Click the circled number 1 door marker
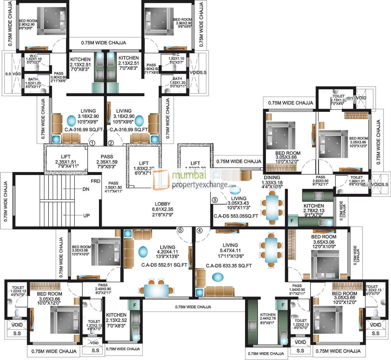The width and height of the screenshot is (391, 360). [x=92, y=143]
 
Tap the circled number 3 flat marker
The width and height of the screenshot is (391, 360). [x=214, y=200]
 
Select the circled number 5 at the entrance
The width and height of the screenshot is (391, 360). [x=181, y=230]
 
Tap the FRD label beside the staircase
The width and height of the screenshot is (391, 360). [x=95, y=181]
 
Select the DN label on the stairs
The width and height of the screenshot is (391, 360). [x=86, y=189]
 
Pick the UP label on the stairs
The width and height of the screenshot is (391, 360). [x=87, y=215]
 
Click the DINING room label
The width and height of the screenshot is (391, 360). [x=272, y=178]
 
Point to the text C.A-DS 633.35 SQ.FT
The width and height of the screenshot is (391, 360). [x=229, y=266]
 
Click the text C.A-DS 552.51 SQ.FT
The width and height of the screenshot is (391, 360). [x=164, y=265]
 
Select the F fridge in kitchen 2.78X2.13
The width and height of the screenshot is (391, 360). [x=292, y=221]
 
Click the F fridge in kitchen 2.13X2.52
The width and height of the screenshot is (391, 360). [x=134, y=305]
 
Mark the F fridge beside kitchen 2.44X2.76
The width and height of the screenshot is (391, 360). [x=283, y=305]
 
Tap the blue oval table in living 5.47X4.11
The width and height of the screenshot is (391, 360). [x=218, y=277]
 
